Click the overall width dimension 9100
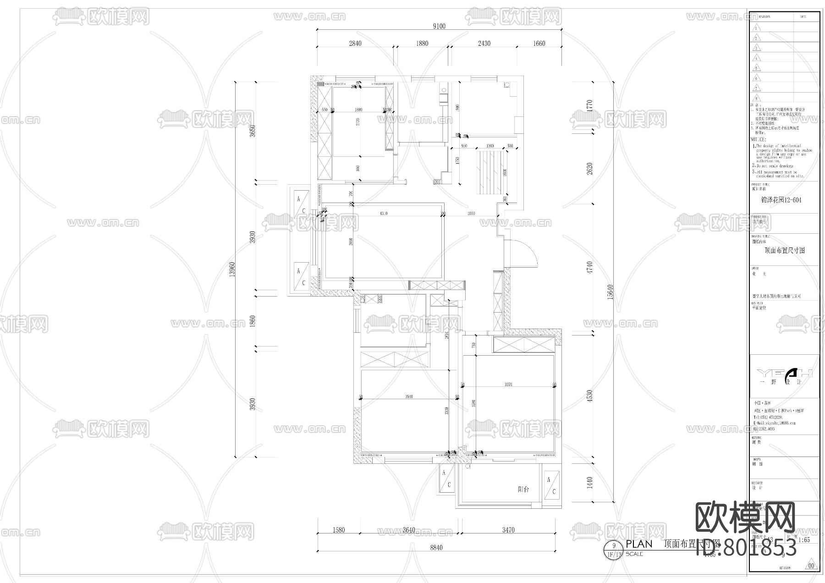(x=439, y=26)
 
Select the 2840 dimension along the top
(x=355, y=44)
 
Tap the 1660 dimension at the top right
(x=539, y=44)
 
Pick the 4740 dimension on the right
(x=590, y=267)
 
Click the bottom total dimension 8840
(x=436, y=548)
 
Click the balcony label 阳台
(x=523, y=489)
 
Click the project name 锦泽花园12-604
(x=784, y=200)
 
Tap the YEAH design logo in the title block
(x=784, y=373)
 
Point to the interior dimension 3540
(x=409, y=396)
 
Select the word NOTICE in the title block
(x=759, y=139)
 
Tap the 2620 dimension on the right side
(x=590, y=168)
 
